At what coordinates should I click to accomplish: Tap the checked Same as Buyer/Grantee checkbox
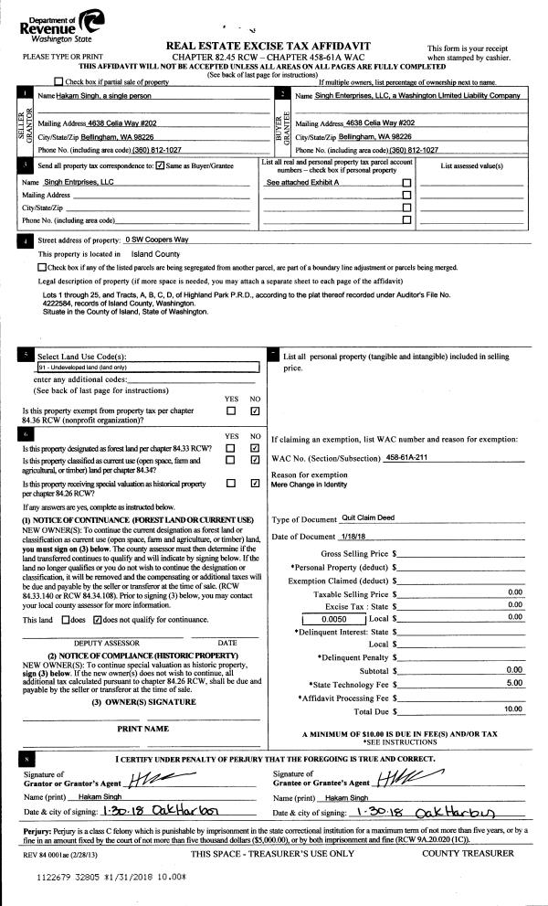pos(161,166)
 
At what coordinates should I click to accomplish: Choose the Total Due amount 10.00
pos(511,709)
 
